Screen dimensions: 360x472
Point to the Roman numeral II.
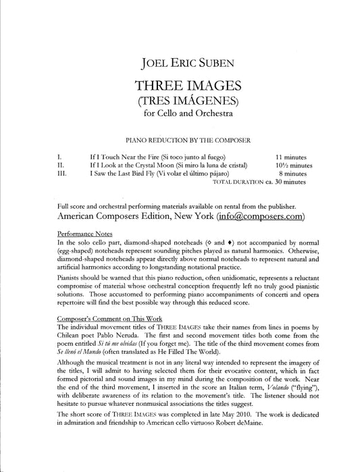[60, 165]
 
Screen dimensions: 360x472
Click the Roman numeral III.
[61, 174]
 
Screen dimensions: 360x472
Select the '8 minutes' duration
[292, 174]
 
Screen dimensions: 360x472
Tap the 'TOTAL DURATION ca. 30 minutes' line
[259, 182]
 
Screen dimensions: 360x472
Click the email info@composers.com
[260, 217]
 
